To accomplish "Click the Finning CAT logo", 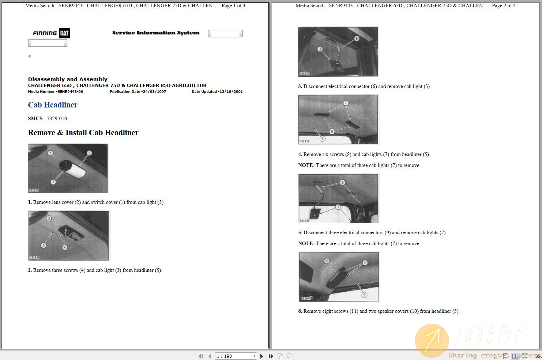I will click(x=49, y=33).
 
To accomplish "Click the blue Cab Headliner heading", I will click(x=53, y=105).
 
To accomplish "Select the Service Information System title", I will click(x=156, y=33).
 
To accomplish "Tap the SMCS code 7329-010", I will click(x=57, y=118).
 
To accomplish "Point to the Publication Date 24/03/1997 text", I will click(x=138, y=92).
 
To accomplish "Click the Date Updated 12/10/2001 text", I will click(x=217, y=92).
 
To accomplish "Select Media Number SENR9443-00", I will click(x=56, y=92).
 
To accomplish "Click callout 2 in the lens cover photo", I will click(x=89, y=153).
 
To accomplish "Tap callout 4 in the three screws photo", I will click(x=65, y=247).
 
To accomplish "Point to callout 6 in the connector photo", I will click(x=357, y=38).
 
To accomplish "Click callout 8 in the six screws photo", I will click(x=332, y=132).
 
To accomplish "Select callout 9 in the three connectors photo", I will click(x=342, y=182).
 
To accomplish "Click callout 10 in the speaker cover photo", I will click(x=327, y=261).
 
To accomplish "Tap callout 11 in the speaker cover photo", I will click(x=365, y=263).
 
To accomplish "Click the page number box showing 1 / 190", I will click(x=236, y=356).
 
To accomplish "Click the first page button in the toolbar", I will click(x=200, y=356).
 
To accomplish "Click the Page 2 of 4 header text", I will click(x=504, y=5).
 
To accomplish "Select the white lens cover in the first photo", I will click(x=77, y=170).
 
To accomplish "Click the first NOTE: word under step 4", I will click(x=306, y=166).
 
